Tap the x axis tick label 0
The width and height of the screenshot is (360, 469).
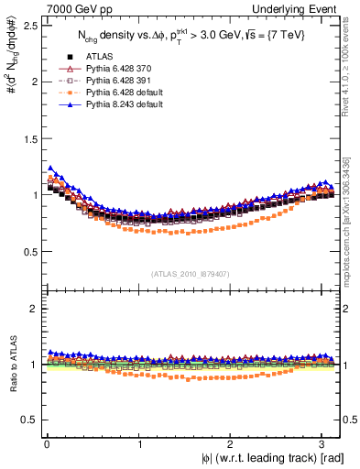coord(46,443)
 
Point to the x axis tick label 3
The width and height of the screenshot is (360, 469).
coord(324,443)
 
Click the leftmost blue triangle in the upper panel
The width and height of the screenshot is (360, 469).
coord(50,168)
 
